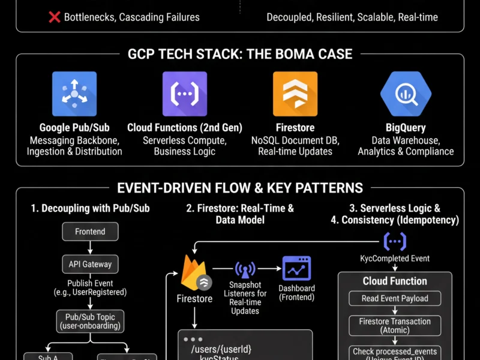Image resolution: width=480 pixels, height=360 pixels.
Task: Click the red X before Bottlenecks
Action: click(x=55, y=17)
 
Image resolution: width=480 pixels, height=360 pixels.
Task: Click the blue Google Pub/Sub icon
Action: click(x=74, y=94)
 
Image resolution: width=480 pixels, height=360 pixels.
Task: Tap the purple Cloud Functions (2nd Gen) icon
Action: click(x=185, y=94)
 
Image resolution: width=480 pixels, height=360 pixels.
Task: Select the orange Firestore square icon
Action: click(x=295, y=94)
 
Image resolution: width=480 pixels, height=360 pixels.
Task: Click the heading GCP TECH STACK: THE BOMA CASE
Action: click(x=240, y=54)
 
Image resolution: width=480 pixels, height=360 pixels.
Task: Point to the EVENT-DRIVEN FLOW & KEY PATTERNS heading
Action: click(x=240, y=188)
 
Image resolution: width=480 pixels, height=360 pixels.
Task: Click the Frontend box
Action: click(x=90, y=232)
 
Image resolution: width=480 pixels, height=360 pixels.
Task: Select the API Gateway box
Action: click(x=90, y=263)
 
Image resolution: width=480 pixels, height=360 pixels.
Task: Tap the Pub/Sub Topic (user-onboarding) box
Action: click(x=90, y=321)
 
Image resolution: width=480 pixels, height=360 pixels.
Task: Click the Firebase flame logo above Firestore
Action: click(x=193, y=273)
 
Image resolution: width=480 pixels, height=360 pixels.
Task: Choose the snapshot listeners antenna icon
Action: click(x=244, y=270)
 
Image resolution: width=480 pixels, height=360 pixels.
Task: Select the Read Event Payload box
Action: click(x=395, y=299)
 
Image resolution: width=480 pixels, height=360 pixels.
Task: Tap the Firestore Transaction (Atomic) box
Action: click(x=395, y=326)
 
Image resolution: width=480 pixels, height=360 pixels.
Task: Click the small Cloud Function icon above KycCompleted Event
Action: click(x=395, y=242)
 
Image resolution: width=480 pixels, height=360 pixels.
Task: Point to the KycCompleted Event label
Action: click(x=394, y=259)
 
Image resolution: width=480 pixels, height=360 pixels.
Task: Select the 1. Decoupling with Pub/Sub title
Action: click(x=90, y=208)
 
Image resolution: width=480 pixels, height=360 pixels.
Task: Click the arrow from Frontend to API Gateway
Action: click(x=90, y=247)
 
